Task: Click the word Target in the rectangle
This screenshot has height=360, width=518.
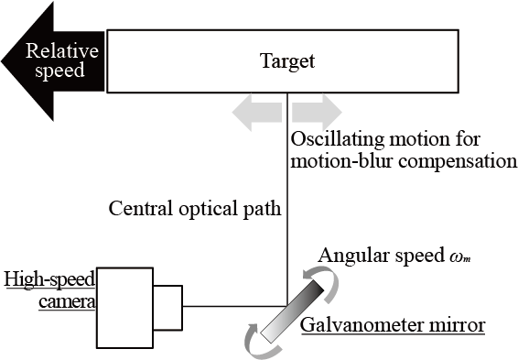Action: click(287, 61)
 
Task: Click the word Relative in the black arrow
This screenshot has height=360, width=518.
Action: click(58, 51)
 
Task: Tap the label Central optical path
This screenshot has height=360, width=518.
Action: click(194, 208)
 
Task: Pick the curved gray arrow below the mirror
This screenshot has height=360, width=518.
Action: click(255, 337)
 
